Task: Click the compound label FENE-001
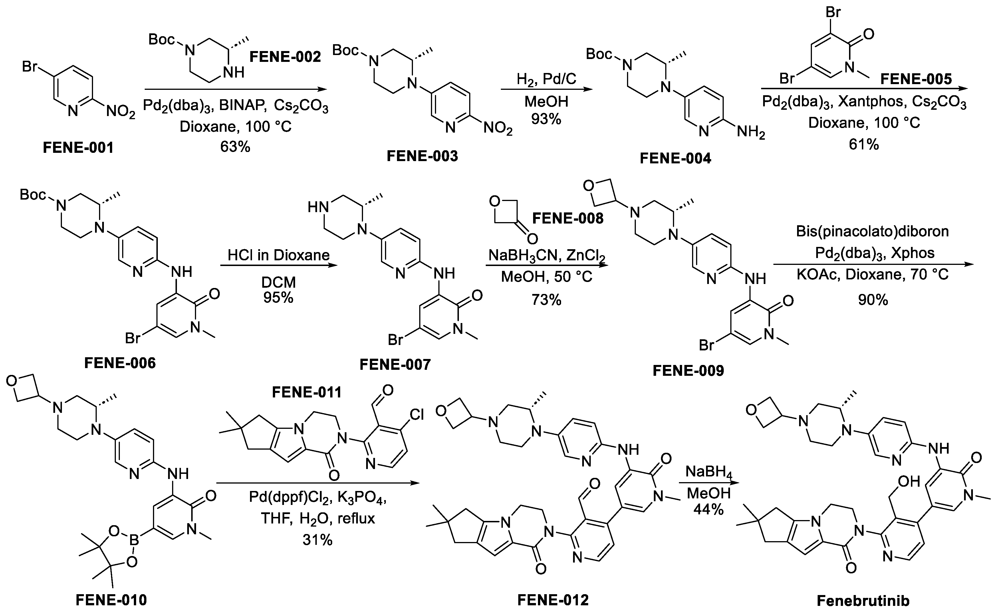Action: [78, 148]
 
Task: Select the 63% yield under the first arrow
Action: [235, 146]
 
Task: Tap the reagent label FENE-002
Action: [285, 57]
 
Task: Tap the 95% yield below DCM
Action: [278, 298]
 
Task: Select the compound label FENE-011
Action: [307, 392]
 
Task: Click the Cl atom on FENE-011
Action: [417, 414]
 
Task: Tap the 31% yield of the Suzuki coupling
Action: [317, 540]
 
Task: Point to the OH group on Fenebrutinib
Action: [909, 481]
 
